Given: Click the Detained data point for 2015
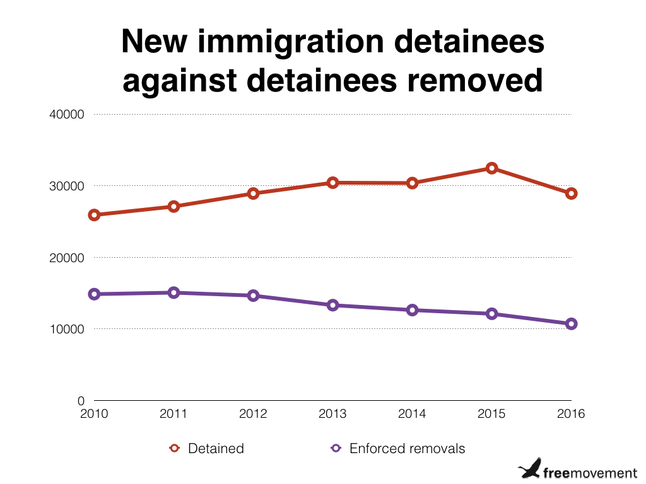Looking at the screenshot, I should coord(491,168).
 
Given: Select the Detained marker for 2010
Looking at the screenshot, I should coord(95,215).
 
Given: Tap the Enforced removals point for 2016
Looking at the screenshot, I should coord(571,324).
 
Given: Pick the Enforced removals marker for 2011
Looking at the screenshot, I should coord(174,292).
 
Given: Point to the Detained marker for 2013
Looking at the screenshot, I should coord(333,183).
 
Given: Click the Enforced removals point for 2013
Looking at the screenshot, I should coord(333,305).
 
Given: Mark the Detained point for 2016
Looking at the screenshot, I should coord(571,193).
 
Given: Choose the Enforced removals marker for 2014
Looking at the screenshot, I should coord(413,310).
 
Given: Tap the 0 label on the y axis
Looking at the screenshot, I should coord(81,401).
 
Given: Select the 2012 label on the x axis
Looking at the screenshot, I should coord(254,414).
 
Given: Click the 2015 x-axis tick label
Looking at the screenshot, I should coord(491,414).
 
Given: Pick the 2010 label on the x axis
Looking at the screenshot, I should coord(95,414).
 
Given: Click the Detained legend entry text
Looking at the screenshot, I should coord(216,449).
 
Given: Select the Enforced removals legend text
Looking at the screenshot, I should coord(407,449).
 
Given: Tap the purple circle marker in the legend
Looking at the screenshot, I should coord(336,449).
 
